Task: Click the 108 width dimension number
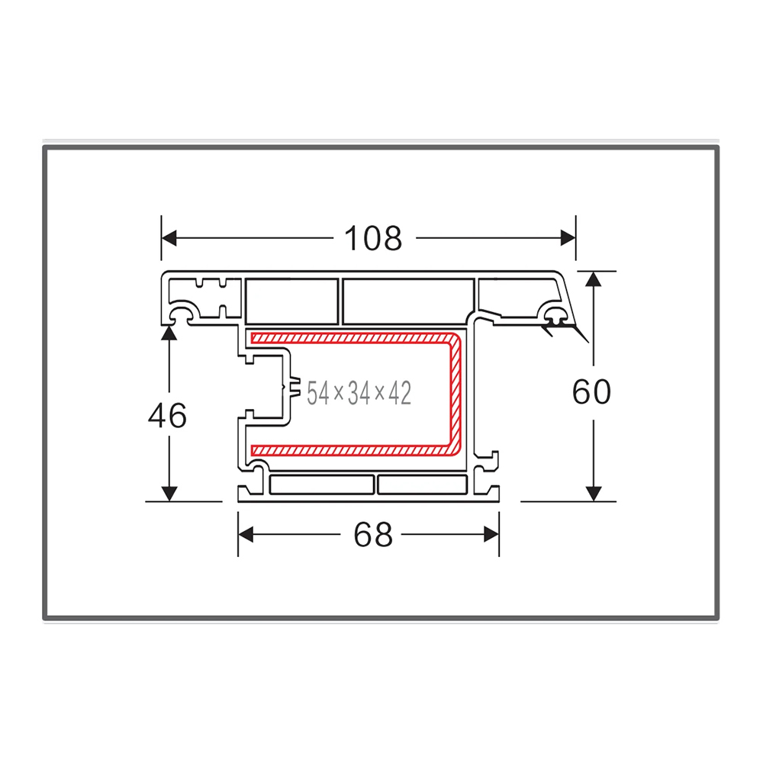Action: tap(373, 239)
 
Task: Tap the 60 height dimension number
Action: tap(591, 392)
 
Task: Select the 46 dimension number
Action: tap(167, 417)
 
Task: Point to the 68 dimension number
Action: tap(373, 536)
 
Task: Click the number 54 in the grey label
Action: tap(317, 394)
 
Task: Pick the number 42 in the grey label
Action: tap(399, 394)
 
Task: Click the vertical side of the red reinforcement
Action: tap(456, 393)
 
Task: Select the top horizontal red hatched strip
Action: tap(351, 336)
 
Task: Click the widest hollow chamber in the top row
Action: tap(407, 301)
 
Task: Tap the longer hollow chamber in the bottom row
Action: tap(321, 485)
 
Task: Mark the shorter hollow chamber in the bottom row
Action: tap(422, 485)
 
